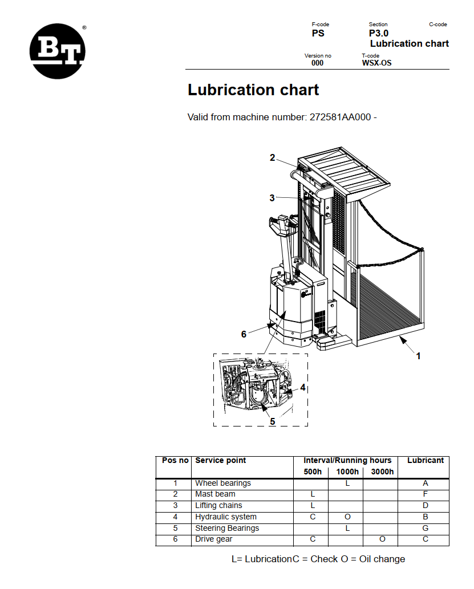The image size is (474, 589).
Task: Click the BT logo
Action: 58,51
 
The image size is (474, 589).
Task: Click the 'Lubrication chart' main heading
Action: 253,90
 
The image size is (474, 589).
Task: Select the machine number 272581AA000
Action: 340,117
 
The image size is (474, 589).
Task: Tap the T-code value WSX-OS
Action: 376,63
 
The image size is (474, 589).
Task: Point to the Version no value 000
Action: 317,63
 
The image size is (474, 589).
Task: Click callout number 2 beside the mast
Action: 273,158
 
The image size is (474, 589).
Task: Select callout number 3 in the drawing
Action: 272,198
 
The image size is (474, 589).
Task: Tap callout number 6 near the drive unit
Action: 244,334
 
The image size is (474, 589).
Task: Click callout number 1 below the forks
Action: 418,356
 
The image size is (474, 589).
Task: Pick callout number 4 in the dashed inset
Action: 303,387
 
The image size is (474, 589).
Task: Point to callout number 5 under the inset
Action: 272,421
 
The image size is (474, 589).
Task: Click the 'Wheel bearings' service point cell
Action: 223,484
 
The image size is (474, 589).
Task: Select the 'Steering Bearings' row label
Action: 227,528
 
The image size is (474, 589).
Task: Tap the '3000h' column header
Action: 382,472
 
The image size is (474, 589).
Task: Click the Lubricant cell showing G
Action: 425,528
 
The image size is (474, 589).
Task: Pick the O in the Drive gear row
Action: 382,539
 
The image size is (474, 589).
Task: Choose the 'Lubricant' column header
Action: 425,461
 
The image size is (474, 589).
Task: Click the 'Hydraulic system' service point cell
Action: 226,517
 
